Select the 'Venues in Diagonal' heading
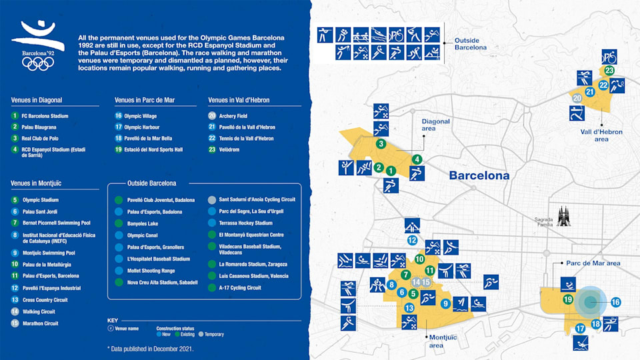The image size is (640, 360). pos(37,100)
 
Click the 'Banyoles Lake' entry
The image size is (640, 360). pos(143,223)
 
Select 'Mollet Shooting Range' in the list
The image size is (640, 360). pos(151,271)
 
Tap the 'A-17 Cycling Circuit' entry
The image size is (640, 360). pos(239,288)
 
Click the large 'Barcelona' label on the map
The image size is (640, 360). pos(479,176)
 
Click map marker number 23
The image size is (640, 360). pos(609,71)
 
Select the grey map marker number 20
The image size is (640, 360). pos(577,98)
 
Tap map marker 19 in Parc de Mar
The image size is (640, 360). pos(568,300)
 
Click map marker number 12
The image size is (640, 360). pos(413,240)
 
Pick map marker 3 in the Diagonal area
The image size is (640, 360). pos(380,143)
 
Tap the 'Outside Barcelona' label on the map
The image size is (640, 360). pos(470,44)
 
